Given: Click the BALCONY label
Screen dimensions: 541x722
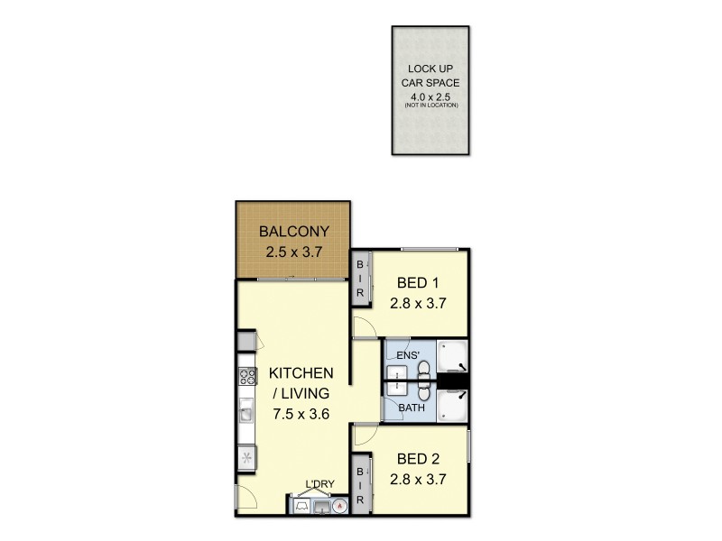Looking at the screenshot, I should (x=294, y=230).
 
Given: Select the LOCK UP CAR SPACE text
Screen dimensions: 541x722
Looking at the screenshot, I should (x=431, y=75).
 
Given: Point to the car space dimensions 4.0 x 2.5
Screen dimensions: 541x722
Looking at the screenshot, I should (x=431, y=96).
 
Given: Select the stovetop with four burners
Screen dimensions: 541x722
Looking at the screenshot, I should (x=247, y=377).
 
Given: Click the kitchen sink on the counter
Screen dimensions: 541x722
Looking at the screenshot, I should (x=246, y=414).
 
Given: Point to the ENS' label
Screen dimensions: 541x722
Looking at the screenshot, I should (x=407, y=356).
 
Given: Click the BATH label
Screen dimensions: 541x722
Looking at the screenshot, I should (x=412, y=408).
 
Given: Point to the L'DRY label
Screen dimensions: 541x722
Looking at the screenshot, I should (x=319, y=484).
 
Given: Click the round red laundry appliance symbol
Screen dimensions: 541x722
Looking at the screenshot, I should (x=340, y=506).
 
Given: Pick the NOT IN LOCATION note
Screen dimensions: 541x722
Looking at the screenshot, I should (x=431, y=105).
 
